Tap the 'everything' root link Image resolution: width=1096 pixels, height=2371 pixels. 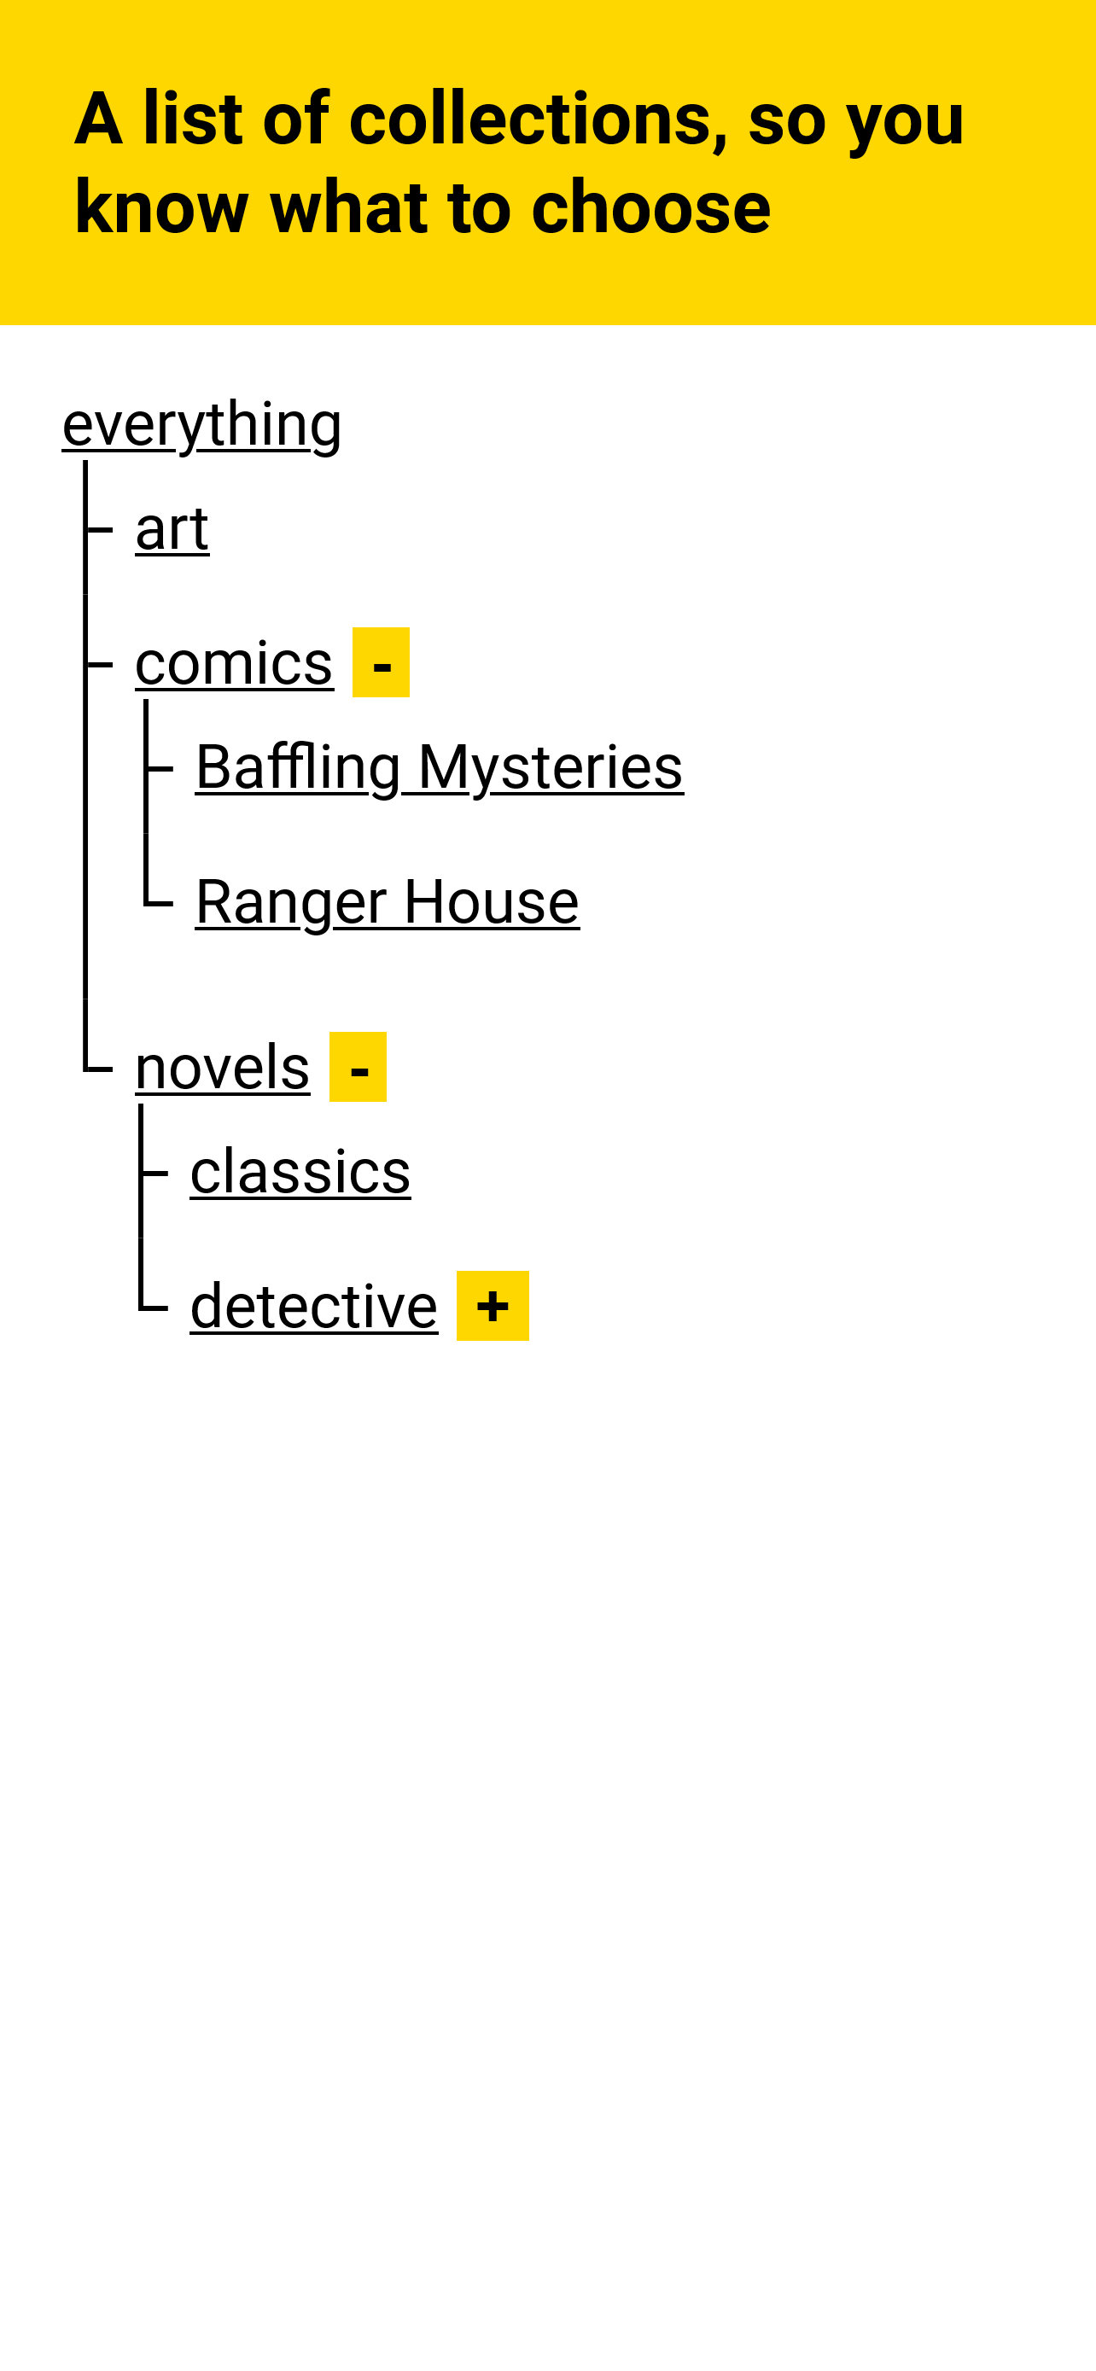coord(201,424)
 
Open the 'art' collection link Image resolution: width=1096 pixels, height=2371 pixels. coord(172,529)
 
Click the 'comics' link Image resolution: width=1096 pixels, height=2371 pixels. coord(234,664)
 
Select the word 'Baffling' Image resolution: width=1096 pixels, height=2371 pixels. coord(298,767)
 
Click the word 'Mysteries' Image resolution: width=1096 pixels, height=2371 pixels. coord(551,767)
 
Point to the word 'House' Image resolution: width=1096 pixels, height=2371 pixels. coord(492,902)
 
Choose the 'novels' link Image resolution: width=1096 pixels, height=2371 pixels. coord(223,1068)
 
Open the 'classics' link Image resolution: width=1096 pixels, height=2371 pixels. coord(300,1173)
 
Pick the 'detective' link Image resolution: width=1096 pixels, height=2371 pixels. coord(314,1307)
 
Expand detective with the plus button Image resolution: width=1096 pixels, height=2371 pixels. coord(493,1307)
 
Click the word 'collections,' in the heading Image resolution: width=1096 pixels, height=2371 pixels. coord(539,119)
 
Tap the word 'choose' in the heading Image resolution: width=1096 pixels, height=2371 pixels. coord(650,208)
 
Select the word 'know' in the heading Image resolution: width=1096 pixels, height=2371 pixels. coord(162,208)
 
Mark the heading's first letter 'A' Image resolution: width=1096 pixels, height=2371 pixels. coord(98,119)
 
